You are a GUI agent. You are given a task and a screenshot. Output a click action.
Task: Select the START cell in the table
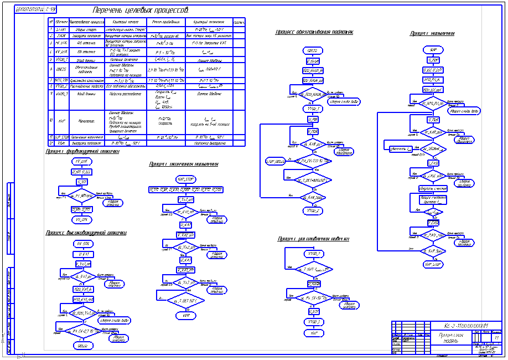pyautogui.click(x=61, y=29)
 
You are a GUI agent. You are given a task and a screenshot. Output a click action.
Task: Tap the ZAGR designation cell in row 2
pyautogui.click(x=61, y=35)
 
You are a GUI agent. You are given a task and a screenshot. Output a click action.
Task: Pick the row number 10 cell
pyautogui.click(x=51, y=120)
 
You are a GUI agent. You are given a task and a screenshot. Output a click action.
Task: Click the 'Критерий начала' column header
pyautogui.click(x=120, y=22)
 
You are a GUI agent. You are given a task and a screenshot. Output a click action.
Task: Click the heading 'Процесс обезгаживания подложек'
pyautogui.click(x=314, y=32)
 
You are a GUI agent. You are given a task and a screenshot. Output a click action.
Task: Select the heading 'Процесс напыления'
pyautogui.click(x=432, y=33)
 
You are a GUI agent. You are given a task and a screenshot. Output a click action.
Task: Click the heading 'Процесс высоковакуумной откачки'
pyautogui.click(x=86, y=233)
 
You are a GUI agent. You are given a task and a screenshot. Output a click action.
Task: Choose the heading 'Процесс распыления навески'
pyautogui.click(x=314, y=239)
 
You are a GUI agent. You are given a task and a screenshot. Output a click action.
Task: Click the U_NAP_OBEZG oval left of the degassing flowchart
pyautogui.click(x=274, y=161)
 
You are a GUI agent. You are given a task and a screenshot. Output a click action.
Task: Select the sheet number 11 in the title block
pyautogui.click(x=497, y=337)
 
